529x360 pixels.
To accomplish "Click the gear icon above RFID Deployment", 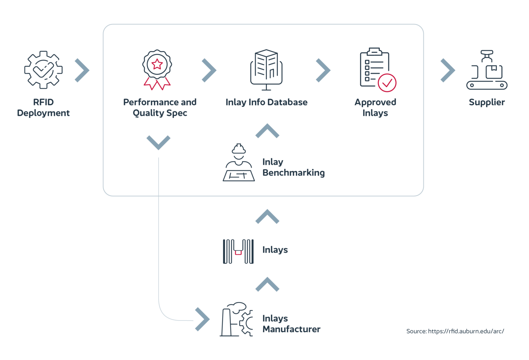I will pyautogui.click(x=43, y=70).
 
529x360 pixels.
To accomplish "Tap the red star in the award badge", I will pyautogui.click(x=157, y=64).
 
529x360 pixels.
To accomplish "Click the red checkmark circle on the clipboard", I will pyautogui.click(x=387, y=83).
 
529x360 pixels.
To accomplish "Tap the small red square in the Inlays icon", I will pyautogui.click(x=238, y=253).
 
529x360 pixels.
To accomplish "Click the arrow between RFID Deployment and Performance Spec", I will pyautogui.click(x=82, y=70).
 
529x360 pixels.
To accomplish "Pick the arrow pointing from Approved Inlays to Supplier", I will pyautogui.click(x=447, y=70).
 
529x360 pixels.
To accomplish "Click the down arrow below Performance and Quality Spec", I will pyautogui.click(x=158, y=142).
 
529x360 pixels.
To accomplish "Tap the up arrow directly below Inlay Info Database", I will pyautogui.click(x=267, y=131).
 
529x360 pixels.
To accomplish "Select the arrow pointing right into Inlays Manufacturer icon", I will pyautogui.click(x=203, y=319).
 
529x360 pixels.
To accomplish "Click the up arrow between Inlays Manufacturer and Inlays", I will pyautogui.click(x=267, y=284).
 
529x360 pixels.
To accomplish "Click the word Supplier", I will pyautogui.click(x=487, y=102).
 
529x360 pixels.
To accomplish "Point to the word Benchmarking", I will pyautogui.click(x=293, y=173).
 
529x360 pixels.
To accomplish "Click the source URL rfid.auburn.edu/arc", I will pyautogui.click(x=466, y=331).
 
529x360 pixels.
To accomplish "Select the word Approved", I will pyautogui.click(x=375, y=102).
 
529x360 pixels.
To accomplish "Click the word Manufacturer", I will pyautogui.click(x=291, y=329).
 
